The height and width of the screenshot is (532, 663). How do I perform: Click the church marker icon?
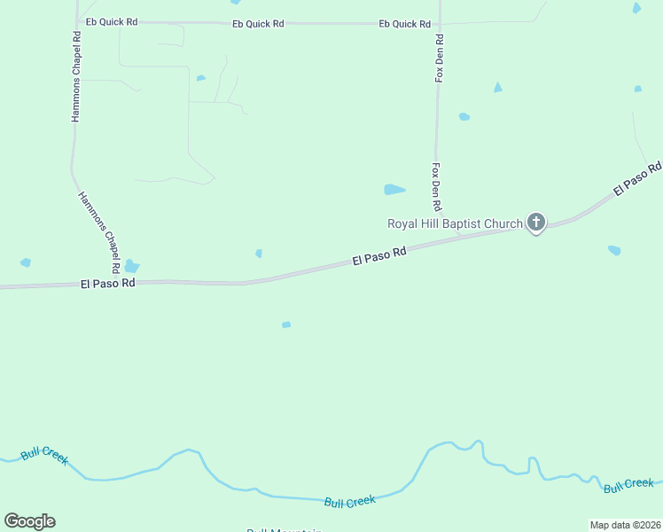pos(535,222)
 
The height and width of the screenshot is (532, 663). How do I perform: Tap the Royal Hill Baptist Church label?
pos(455,223)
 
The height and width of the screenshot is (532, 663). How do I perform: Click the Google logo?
pos(29,521)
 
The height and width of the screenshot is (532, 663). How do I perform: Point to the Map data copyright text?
pos(625,525)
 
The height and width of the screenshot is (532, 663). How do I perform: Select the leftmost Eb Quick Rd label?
pos(111,21)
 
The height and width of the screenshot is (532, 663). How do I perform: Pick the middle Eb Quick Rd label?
pos(258,24)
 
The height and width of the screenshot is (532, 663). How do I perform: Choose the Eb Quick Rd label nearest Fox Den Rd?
pos(405,24)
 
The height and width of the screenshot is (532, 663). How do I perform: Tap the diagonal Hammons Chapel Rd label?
pos(99,232)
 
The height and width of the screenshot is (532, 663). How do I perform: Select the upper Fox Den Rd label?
pos(439,59)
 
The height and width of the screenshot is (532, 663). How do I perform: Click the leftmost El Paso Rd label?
pos(107,284)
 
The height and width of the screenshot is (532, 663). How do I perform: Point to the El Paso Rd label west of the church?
pos(378,256)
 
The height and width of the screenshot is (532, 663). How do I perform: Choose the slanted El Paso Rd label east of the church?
pos(637,178)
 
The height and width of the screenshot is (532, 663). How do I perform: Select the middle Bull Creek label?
pos(349,502)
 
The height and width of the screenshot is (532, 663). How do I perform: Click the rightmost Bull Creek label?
pos(628,485)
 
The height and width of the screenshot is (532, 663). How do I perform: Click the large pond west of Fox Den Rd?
pos(394,189)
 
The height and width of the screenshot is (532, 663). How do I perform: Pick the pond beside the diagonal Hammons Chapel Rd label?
pos(132,266)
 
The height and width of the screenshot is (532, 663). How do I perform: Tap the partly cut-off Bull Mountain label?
pos(284,529)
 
